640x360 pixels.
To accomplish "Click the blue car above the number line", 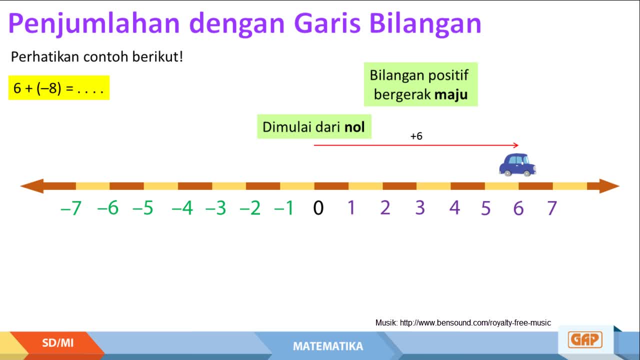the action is [x=517, y=165].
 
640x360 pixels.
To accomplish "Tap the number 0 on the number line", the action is [x=318, y=207].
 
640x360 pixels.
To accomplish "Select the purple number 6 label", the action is [x=518, y=208].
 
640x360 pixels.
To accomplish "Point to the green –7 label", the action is [x=71, y=207].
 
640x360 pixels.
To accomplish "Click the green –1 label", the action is [x=284, y=207].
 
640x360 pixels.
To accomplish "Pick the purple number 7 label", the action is [x=552, y=208].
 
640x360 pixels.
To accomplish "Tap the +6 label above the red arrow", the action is [x=416, y=136].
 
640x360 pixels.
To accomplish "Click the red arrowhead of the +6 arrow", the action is [x=516, y=145].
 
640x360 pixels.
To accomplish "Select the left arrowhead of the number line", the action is [x=32, y=186].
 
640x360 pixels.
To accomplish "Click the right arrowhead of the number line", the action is [x=609, y=186].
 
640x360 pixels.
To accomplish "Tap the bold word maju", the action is [x=451, y=95].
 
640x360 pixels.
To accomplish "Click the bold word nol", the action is [x=354, y=127].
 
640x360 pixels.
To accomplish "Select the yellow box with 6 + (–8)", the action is [x=59, y=87].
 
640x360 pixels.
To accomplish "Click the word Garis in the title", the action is [x=327, y=23].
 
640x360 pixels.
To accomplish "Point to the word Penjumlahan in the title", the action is [x=94, y=24].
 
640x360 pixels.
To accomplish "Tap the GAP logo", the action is [x=585, y=339].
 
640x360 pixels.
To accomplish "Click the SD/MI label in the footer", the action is [x=57, y=343].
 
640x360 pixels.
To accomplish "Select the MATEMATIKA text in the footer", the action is [x=328, y=346].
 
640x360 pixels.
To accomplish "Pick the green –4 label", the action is [x=182, y=207].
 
